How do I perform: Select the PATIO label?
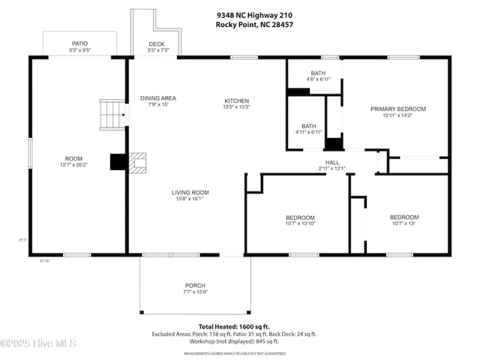point(79,43)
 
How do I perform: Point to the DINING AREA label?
point(157,97)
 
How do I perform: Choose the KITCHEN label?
point(237,101)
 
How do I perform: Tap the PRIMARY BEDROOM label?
point(397,109)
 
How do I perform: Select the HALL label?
point(332,162)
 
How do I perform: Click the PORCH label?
point(196,286)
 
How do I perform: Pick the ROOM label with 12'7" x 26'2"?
point(73,159)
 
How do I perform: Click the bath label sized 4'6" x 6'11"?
point(318,73)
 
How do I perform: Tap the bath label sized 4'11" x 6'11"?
point(309,126)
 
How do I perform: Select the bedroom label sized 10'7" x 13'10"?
point(300,218)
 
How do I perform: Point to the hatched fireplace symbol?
point(138,163)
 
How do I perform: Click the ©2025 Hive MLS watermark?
point(39,343)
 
